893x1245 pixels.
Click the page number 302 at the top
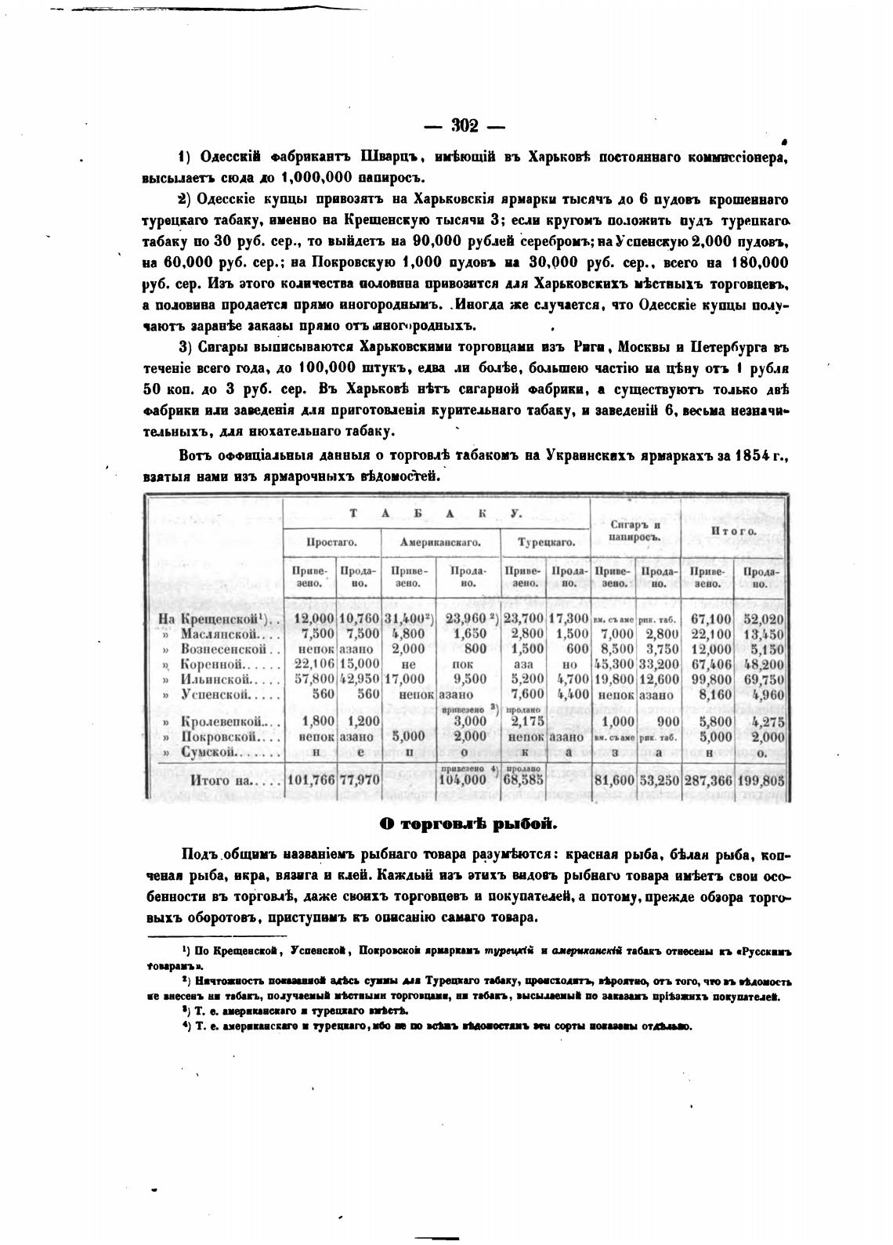[x=467, y=126]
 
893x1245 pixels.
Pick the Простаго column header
[x=331, y=541]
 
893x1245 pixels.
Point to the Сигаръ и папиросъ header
[x=635, y=531]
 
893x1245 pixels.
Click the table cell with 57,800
[x=312, y=679]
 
